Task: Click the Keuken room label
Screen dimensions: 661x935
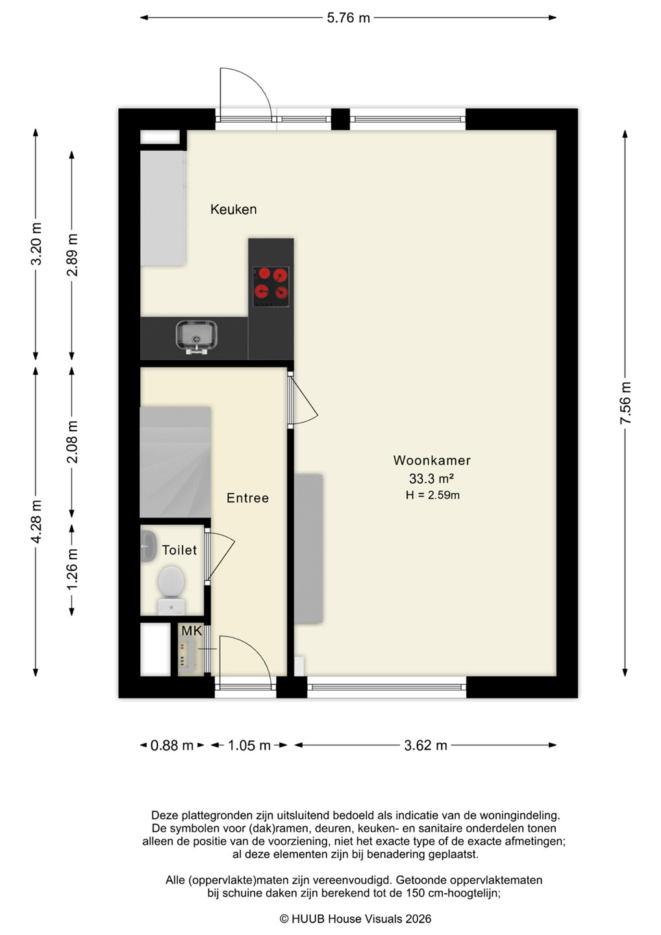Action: coord(233,209)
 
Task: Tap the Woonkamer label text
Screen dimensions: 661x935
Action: coord(432,460)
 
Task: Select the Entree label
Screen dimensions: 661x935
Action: coord(247,497)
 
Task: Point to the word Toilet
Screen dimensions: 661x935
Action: coord(179,550)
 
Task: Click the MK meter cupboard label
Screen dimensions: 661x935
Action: coord(192,630)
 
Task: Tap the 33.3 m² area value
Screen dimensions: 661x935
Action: coord(431,478)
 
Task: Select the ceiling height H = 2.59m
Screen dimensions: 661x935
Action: coord(432,495)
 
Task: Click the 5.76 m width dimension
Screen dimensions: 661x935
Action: coord(348,18)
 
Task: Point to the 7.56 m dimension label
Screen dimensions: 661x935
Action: coord(625,403)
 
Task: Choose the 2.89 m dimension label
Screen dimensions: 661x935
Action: coord(73,255)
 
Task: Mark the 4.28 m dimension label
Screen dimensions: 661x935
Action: coord(36,521)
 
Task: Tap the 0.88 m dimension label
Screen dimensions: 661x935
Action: coord(171,745)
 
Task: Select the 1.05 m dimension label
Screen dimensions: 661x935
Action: coord(249,745)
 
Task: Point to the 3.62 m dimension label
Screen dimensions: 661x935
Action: coord(425,745)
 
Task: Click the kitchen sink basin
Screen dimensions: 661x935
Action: coord(196,336)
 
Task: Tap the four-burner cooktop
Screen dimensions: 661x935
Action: coord(271,287)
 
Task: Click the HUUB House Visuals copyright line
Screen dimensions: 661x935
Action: coord(355,919)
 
